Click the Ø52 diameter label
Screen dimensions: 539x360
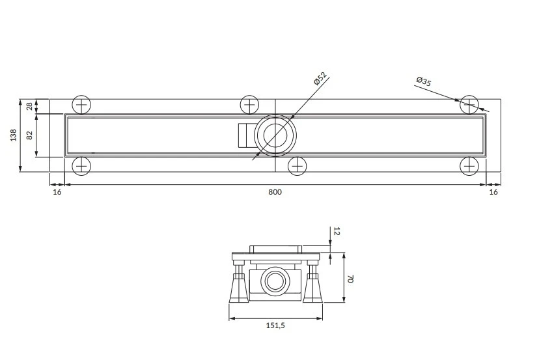click(x=320, y=78)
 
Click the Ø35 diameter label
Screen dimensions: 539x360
click(x=424, y=81)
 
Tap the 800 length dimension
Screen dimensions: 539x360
click(x=275, y=192)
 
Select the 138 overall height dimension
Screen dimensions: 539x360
click(x=13, y=135)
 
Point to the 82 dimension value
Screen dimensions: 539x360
click(x=29, y=135)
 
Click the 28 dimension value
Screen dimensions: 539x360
click(x=29, y=106)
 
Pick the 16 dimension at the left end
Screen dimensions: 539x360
click(x=57, y=192)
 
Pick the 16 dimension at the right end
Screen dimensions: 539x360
click(x=493, y=192)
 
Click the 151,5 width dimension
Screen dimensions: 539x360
click(x=276, y=325)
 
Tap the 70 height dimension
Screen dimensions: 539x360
click(x=350, y=279)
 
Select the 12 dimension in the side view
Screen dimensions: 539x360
click(x=337, y=231)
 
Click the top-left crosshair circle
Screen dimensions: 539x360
click(x=81, y=105)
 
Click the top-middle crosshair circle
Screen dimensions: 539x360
click(x=249, y=105)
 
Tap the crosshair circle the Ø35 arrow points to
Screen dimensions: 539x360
click(x=469, y=105)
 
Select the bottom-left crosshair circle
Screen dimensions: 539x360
click(x=81, y=167)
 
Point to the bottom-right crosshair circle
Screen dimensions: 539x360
click(x=469, y=167)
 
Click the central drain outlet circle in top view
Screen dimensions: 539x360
click(x=275, y=135)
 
